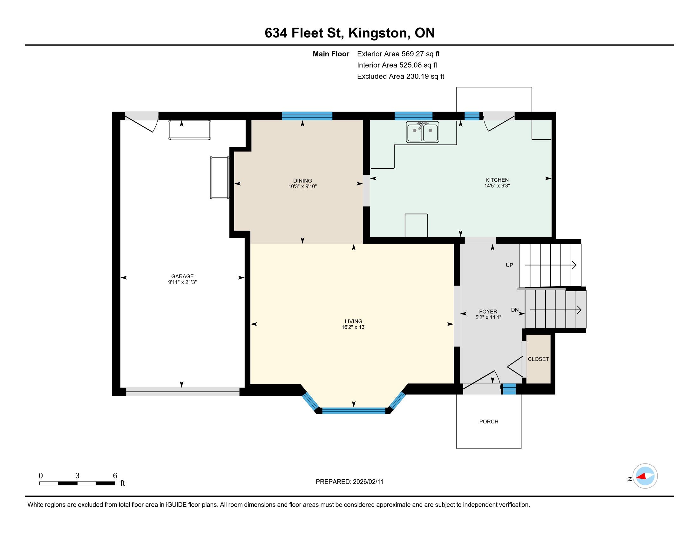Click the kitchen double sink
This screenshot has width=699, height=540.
pyautogui.click(x=423, y=132)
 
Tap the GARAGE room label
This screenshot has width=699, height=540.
pyautogui.click(x=182, y=276)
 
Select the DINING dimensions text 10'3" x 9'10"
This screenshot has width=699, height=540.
pyautogui.click(x=302, y=186)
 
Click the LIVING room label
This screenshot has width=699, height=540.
pyautogui.click(x=353, y=321)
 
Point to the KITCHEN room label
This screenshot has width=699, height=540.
pyautogui.click(x=497, y=180)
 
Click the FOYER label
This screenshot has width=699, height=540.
pyautogui.click(x=488, y=312)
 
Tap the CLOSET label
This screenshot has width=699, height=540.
pyautogui.click(x=538, y=359)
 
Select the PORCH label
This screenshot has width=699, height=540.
pyautogui.click(x=489, y=422)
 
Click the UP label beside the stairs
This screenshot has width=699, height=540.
pyautogui.click(x=509, y=265)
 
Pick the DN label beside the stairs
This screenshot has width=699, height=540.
pyautogui.click(x=515, y=310)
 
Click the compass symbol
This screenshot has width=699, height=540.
pyautogui.click(x=645, y=476)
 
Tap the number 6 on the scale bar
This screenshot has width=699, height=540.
pyautogui.click(x=115, y=476)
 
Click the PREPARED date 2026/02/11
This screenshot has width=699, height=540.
pyautogui.click(x=368, y=482)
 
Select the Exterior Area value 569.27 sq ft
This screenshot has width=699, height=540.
pyautogui.click(x=421, y=54)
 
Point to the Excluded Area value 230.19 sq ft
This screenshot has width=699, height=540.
pyautogui.click(x=425, y=76)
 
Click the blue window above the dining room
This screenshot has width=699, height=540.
pyautogui.click(x=307, y=116)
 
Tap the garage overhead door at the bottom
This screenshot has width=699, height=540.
pyautogui.click(x=182, y=392)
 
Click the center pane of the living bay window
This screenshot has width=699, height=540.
pyautogui.click(x=354, y=411)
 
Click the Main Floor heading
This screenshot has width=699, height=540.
pyautogui.click(x=331, y=54)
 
